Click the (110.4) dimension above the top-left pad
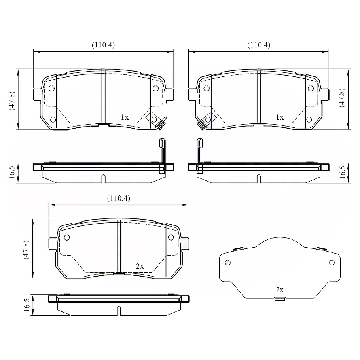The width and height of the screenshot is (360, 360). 103,45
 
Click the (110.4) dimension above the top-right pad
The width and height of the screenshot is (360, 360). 259,45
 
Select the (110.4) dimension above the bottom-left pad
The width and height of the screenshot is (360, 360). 119,198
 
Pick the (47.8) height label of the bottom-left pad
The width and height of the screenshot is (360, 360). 26,249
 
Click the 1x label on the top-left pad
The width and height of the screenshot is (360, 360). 125,117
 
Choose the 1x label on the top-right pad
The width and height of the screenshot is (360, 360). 280,117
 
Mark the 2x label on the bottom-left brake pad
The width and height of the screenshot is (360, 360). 140,267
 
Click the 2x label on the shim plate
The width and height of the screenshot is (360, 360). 279,290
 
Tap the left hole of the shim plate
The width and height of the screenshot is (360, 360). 227,263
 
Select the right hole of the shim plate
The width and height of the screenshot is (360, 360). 332,263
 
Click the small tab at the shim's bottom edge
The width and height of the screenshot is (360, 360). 280,299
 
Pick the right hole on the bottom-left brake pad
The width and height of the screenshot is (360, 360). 171,237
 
